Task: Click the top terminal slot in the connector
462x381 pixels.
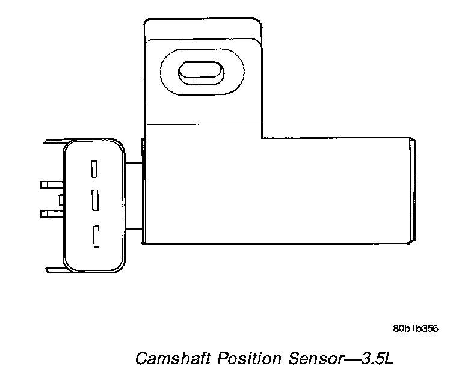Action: tap(94, 168)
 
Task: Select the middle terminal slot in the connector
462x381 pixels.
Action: tap(94, 200)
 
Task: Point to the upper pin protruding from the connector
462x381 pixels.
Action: tap(50, 184)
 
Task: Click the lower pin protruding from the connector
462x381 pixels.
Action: tap(50, 213)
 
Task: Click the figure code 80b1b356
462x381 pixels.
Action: tap(415, 329)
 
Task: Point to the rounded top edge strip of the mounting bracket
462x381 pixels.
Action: tap(203, 29)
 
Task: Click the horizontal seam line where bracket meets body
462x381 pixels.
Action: tap(203, 123)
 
